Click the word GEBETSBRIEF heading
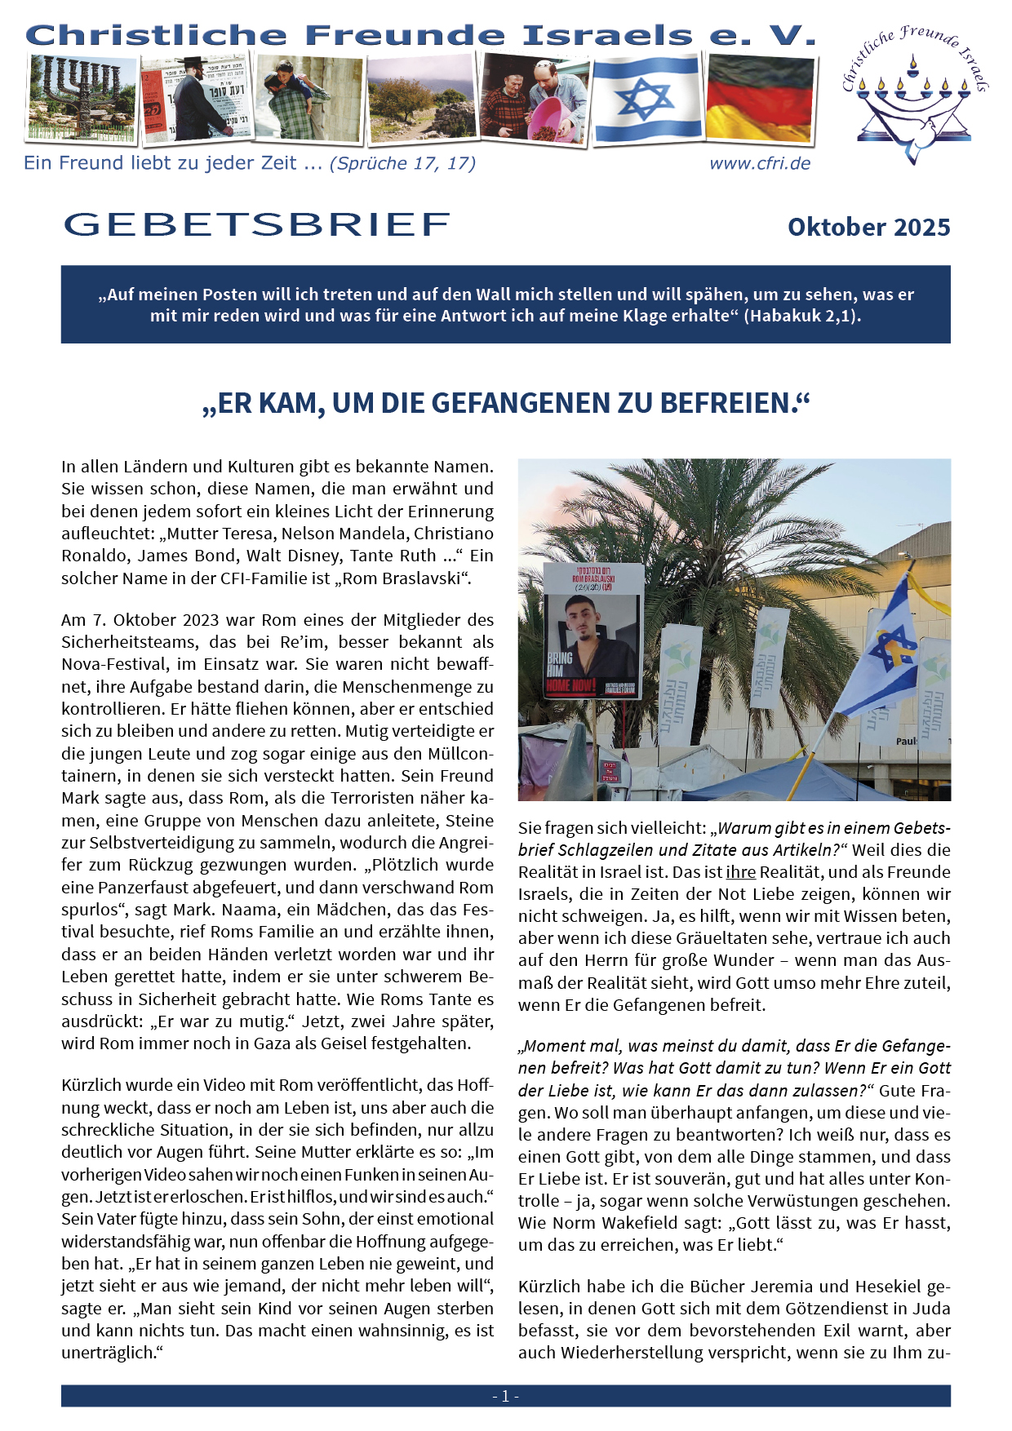pyautogui.click(x=256, y=225)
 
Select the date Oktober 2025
pyautogui.click(x=868, y=228)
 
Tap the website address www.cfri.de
pyautogui.click(x=760, y=163)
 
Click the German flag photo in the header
pyautogui.click(x=760, y=97)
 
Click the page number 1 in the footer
pyautogui.click(x=505, y=1396)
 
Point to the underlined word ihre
pyautogui.click(x=741, y=872)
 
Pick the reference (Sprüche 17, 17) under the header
pyautogui.click(x=402, y=163)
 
